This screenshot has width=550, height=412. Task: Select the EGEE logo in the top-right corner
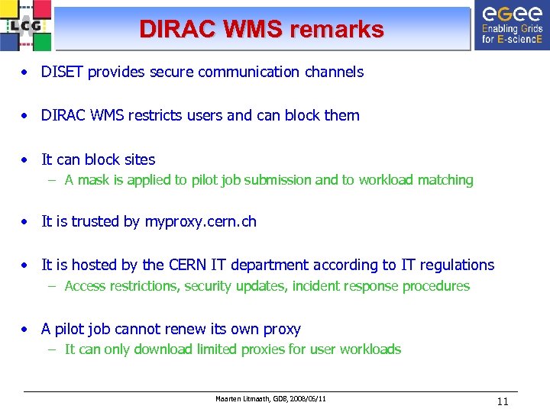pyautogui.click(x=511, y=25)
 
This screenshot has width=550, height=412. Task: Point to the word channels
pyautogui.click(x=334, y=72)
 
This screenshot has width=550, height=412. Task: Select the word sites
pyautogui.click(x=139, y=159)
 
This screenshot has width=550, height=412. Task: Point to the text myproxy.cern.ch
pyautogui.click(x=200, y=221)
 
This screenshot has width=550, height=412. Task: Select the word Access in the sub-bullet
pyautogui.click(x=85, y=286)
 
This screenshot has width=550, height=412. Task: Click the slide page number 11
pyautogui.click(x=502, y=401)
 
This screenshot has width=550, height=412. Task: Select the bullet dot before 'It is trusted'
pyautogui.click(x=26, y=222)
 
